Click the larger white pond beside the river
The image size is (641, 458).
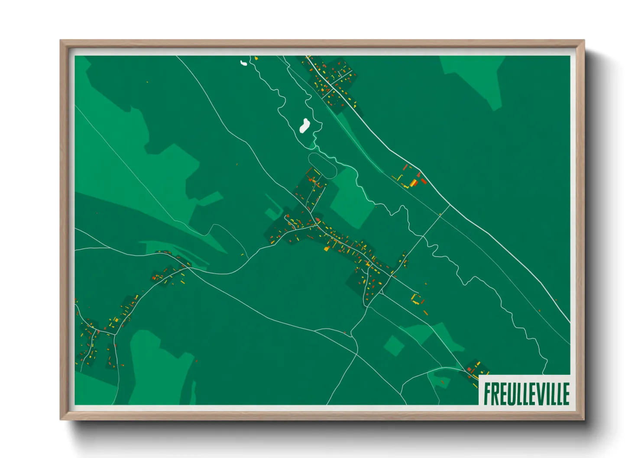click(304, 126)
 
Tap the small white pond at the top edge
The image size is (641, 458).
click(244, 63)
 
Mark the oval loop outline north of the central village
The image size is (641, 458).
click(322, 165)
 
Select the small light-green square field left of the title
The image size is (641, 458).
click(394, 345)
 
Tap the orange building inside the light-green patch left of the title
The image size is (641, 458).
click(442, 381)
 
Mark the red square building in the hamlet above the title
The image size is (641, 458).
click(469, 369)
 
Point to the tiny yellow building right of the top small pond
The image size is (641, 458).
click(256, 58)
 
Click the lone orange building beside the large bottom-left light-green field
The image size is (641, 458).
click(196, 360)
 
